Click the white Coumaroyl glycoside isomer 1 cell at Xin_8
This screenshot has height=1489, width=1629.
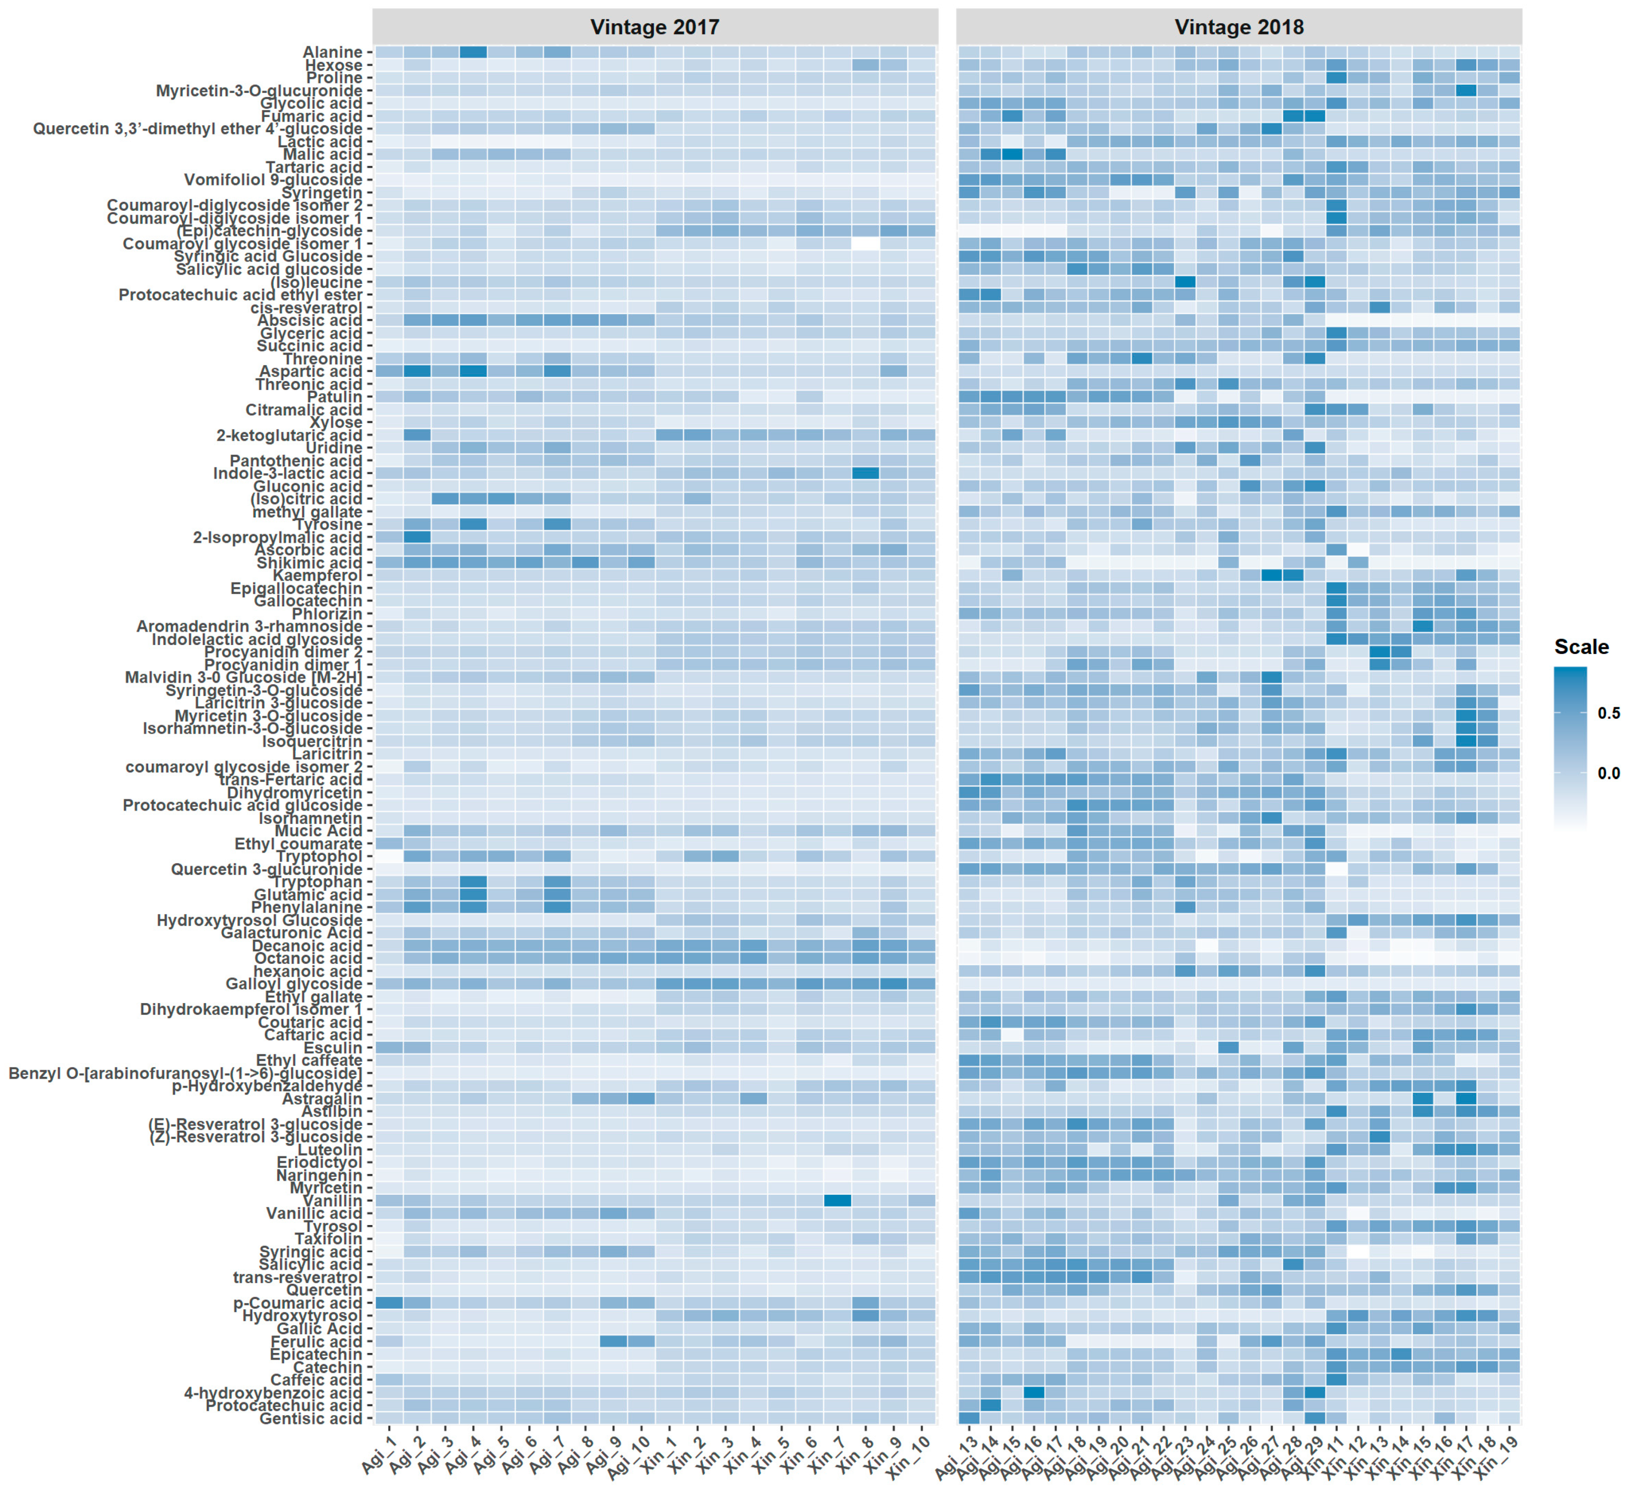click(865, 243)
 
